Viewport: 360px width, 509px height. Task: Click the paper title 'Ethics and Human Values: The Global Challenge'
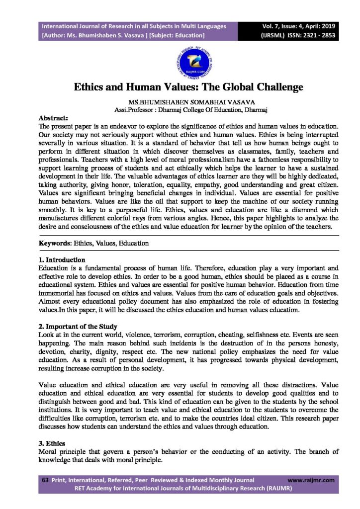[x=188, y=87]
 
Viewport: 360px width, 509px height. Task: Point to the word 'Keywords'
[x=55, y=244]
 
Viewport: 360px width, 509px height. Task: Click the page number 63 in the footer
[x=44, y=480]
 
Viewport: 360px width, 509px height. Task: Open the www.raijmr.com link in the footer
[x=311, y=480]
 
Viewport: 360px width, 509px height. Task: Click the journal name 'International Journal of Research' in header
[x=99, y=26]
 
